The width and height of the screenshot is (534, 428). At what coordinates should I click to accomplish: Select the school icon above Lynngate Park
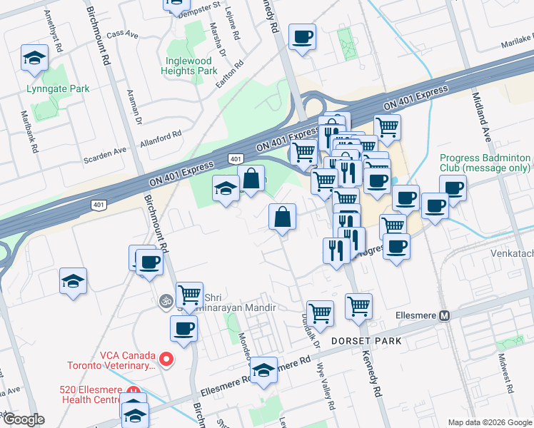[34, 58]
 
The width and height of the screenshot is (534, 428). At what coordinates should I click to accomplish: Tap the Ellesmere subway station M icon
[445, 316]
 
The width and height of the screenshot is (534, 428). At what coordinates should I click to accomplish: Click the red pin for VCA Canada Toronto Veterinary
[166, 359]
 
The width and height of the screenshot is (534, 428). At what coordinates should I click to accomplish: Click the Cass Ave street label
[120, 34]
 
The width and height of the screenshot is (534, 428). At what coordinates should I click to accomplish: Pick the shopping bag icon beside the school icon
[251, 179]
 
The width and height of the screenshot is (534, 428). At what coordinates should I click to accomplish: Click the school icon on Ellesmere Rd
[264, 370]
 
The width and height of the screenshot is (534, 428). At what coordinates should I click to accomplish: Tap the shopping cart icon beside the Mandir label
[189, 293]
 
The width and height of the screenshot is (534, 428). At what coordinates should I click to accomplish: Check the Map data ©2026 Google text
[489, 422]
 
